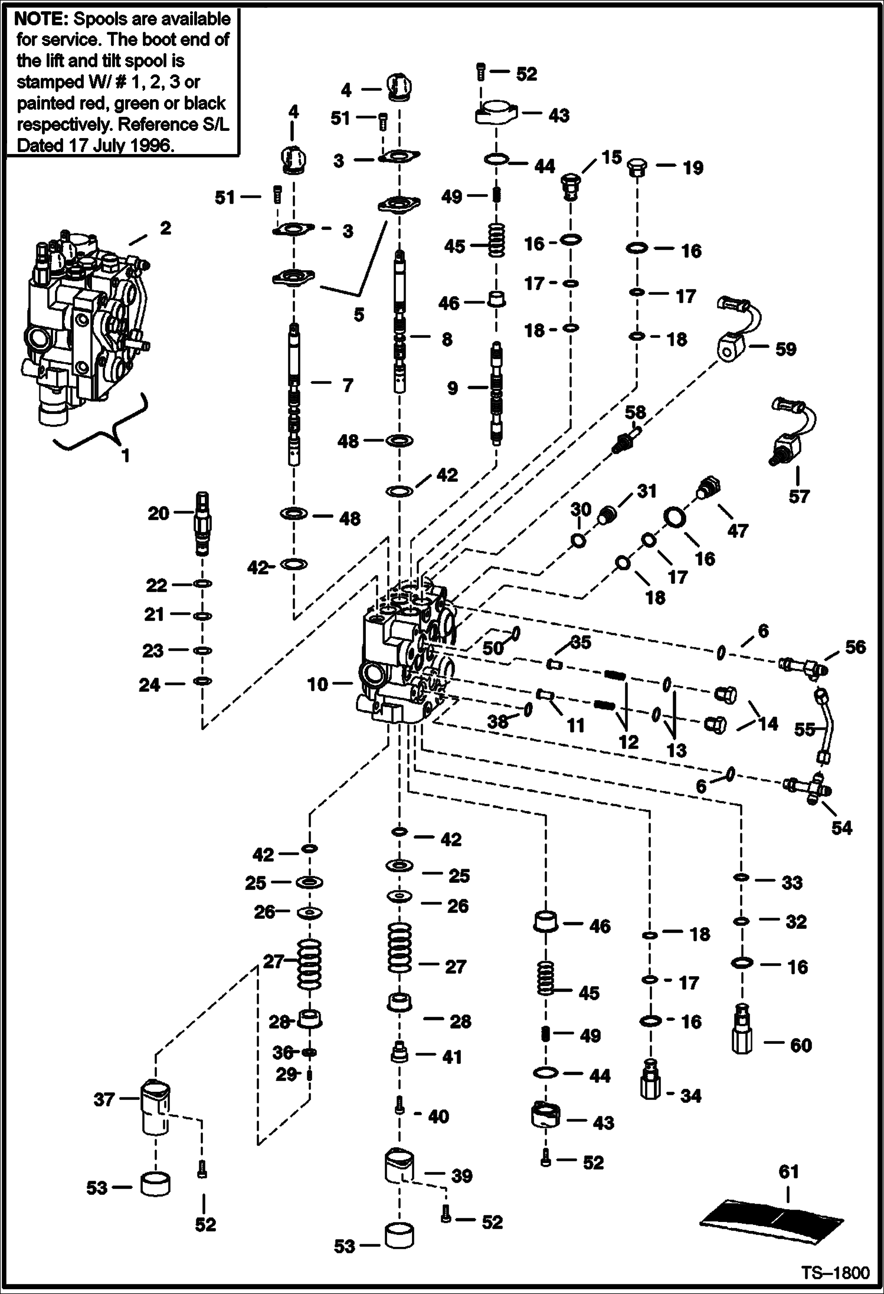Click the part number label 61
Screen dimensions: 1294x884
788,1171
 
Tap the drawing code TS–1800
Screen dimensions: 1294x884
835,1273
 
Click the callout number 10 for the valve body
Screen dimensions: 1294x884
317,684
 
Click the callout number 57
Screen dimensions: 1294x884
798,497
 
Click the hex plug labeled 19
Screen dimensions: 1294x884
638,169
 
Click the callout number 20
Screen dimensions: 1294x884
158,513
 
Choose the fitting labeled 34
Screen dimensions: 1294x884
651,1080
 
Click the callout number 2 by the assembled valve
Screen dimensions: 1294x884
165,228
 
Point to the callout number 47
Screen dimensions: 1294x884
737,530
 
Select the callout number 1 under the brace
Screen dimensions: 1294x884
125,455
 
